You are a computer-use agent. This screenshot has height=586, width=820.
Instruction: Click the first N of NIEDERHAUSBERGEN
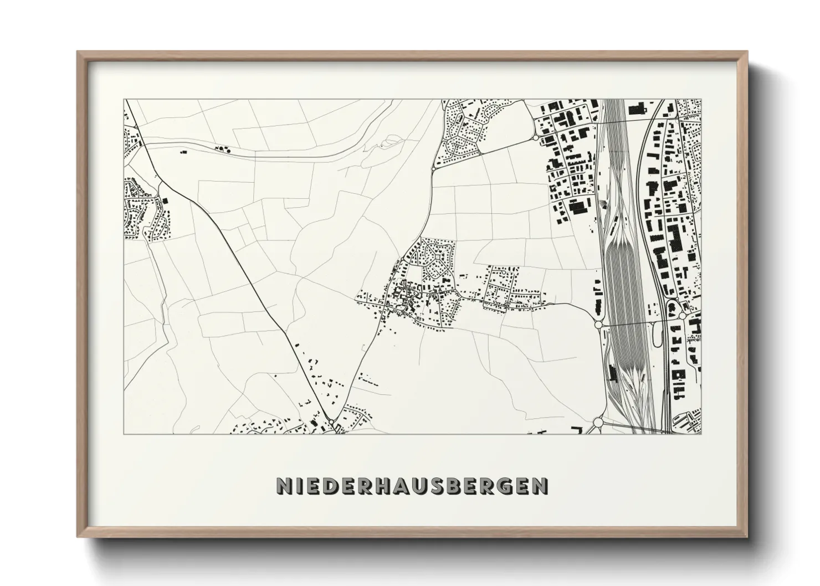pos(284,485)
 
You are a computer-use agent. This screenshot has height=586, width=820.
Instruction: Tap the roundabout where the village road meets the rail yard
pos(598,325)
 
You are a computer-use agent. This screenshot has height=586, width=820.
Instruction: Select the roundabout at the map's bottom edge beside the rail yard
pos(598,423)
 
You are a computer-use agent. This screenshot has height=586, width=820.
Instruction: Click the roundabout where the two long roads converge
pos(331,423)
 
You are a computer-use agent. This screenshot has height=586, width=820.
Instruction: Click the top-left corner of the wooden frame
pos(78,52)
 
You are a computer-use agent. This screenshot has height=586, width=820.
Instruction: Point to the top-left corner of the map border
pos(124,100)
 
